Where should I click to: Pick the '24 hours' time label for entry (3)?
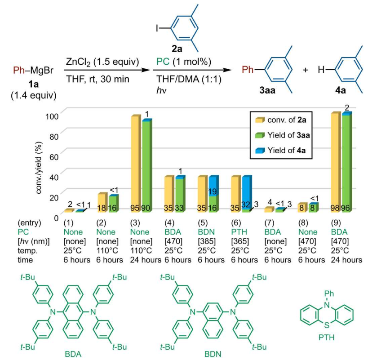145,260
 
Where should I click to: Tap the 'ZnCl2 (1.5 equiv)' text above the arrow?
94,60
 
